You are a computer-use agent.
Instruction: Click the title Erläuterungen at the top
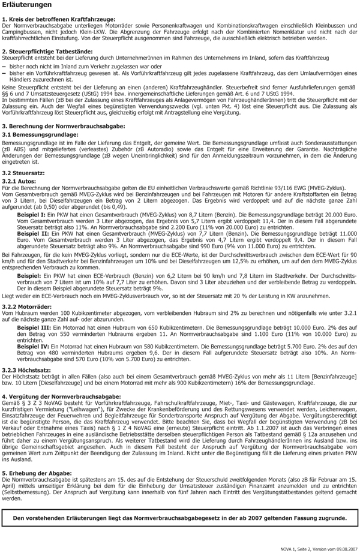pyautogui.click(x=26, y=5)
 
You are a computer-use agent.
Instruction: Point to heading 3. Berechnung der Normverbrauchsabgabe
pyautogui.click(x=64, y=125)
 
